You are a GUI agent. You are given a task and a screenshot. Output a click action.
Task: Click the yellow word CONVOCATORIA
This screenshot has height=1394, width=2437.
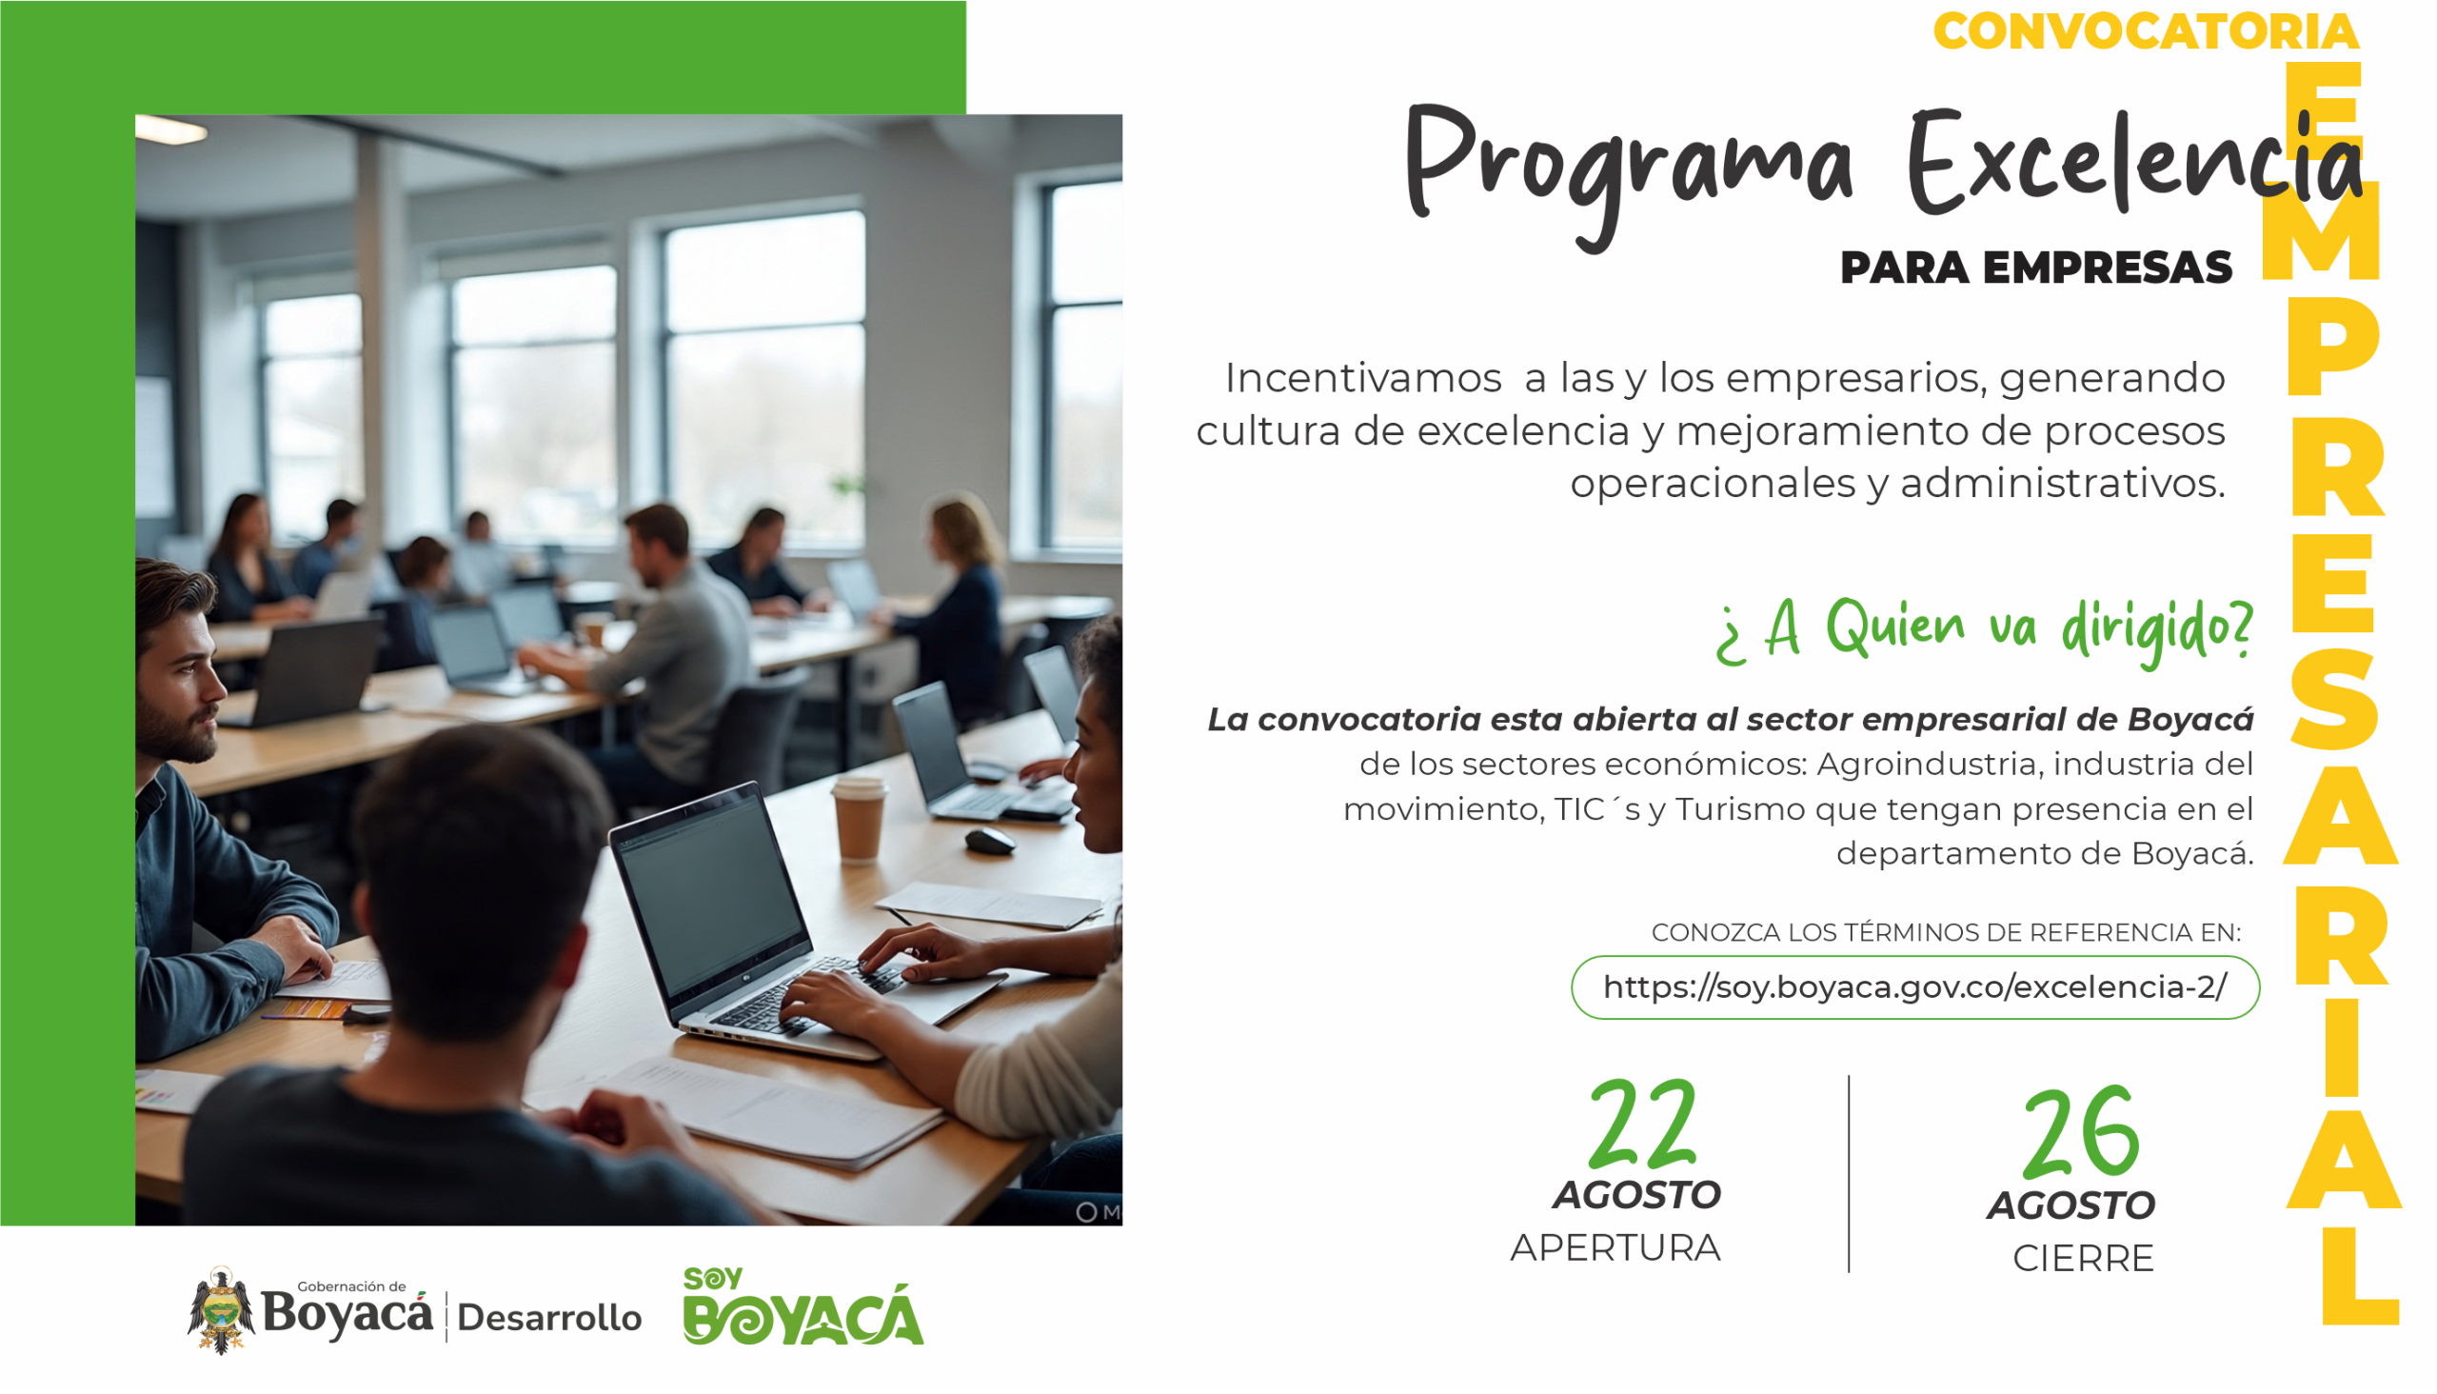click(2146, 30)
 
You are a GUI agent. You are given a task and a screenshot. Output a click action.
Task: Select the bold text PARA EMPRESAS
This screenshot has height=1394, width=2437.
click(2036, 269)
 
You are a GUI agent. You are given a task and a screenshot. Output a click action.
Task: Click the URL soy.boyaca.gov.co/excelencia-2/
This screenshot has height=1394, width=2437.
click(1915, 987)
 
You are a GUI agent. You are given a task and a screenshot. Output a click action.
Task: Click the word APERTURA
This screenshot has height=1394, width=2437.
click(1615, 1248)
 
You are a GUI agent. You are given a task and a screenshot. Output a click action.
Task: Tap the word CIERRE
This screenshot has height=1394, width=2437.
click(2083, 1259)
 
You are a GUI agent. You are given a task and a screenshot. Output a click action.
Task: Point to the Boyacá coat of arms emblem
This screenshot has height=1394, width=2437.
click(221, 1311)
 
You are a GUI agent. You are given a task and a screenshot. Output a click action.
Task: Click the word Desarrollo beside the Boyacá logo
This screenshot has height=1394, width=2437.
click(549, 1319)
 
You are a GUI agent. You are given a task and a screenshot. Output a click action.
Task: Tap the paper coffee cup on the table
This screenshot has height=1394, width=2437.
click(859, 820)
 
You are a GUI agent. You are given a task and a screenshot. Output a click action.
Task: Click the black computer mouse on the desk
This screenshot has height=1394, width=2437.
click(990, 842)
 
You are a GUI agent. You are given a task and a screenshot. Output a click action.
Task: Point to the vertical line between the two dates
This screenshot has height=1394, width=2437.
click(1850, 1174)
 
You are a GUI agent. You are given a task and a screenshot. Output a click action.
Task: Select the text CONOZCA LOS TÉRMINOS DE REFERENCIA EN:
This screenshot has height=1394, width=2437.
click(1946, 932)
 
